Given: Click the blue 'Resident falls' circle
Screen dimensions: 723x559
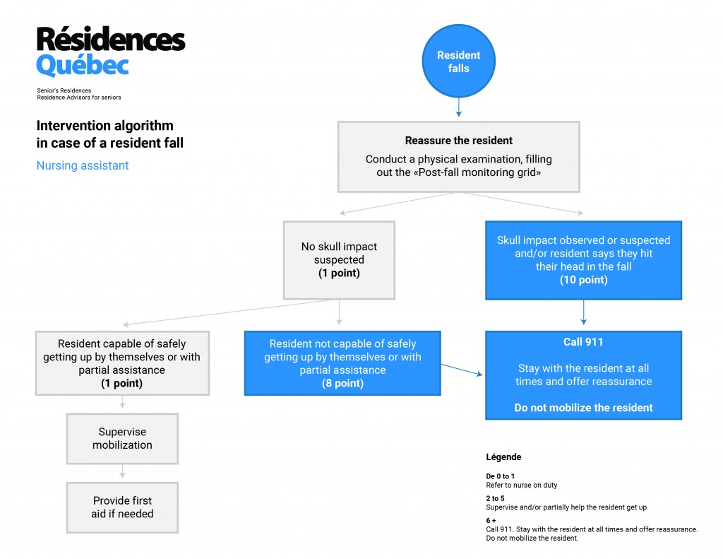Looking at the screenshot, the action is click(x=458, y=61).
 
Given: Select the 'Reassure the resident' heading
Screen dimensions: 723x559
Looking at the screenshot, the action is click(x=458, y=141).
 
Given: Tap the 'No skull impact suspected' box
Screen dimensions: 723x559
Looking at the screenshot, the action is click(x=339, y=260).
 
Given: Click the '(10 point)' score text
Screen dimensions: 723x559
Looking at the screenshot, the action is click(x=583, y=280).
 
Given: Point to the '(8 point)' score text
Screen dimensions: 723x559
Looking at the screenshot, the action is click(x=342, y=383).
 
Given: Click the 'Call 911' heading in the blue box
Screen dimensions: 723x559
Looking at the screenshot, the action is click(x=583, y=341).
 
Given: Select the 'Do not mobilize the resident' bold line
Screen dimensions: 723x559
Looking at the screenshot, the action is click(x=583, y=408).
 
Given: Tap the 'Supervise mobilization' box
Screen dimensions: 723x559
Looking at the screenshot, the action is click(x=122, y=439).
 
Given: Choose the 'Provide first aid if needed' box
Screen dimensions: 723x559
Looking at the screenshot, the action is click(x=122, y=507).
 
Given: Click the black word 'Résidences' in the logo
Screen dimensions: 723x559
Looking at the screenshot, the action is click(x=111, y=39).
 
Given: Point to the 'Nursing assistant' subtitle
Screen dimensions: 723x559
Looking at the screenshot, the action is click(x=83, y=165).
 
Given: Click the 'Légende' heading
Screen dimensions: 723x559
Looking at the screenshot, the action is click(x=503, y=457).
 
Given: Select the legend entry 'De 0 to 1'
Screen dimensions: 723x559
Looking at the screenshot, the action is click(x=501, y=476).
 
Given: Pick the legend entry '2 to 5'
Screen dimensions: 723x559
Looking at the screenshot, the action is click(x=495, y=498).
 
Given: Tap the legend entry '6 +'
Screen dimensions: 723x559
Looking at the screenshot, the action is click(x=491, y=520).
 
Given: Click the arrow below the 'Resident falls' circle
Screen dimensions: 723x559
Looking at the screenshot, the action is click(x=458, y=107).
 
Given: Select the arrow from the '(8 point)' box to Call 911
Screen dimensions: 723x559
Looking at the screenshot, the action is click(x=462, y=370).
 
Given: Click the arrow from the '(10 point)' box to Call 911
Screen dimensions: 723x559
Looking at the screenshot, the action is click(x=583, y=312).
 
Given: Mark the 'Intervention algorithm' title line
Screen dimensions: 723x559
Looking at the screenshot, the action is click(x=104, y=126).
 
